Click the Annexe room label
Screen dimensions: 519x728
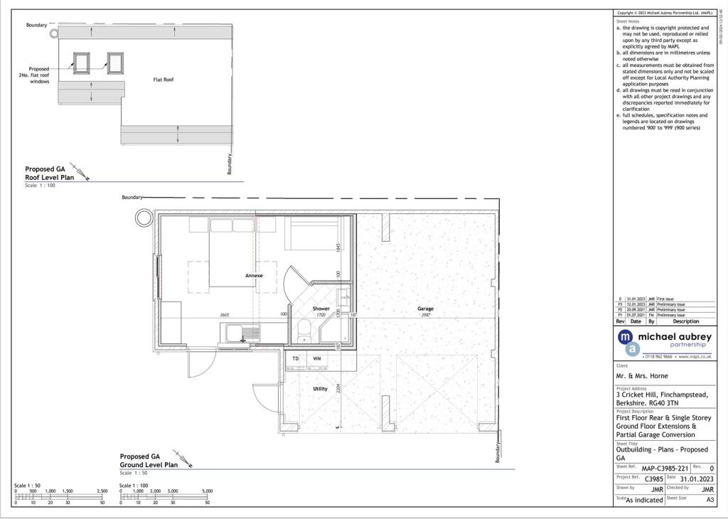254,275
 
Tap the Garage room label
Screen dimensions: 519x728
425,309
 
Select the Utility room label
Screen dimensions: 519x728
321,389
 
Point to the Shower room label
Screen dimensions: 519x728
321,309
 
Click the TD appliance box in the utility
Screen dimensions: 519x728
296,359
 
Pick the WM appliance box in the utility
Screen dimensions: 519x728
317,359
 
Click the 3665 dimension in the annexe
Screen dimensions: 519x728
224,314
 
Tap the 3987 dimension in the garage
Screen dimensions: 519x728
425,315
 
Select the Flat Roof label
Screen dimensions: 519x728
164,80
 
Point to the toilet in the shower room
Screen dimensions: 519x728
304,328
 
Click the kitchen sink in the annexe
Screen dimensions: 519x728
242,332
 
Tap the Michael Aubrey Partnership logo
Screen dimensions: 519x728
663,339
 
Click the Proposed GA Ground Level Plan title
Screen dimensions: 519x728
149,460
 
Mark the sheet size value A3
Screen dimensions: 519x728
710,500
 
